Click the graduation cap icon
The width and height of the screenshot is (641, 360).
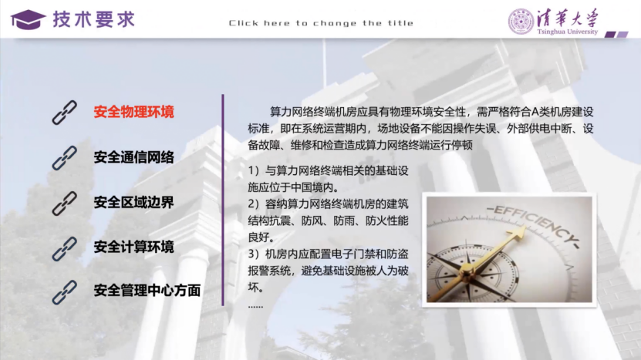click(28, 19)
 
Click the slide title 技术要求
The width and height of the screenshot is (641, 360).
click(93, 19)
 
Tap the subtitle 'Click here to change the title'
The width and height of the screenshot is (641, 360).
click(321, 23)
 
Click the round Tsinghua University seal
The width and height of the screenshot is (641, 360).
click(521, 21)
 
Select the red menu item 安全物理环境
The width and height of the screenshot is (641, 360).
click(133, 113)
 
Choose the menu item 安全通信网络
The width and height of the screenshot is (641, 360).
click(133, 158)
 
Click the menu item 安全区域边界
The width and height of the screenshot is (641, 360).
click(133, 203)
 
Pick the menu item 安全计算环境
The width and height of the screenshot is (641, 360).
click(133, 247)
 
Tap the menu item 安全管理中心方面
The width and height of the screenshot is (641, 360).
click(147, 291)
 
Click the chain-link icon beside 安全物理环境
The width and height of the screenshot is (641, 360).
click(65, 113)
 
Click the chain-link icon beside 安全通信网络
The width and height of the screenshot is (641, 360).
click(65, 158)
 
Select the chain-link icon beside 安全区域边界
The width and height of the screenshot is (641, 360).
click(65, 203)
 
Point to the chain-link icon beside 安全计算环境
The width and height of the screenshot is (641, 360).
click(65, 247)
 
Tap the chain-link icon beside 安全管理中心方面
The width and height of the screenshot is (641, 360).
click(65, 291)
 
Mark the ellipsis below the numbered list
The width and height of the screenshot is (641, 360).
click(256, 306)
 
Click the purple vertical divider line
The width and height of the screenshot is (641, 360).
click(223, 200)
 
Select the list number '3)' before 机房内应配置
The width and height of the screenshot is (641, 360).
click(255, 254)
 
